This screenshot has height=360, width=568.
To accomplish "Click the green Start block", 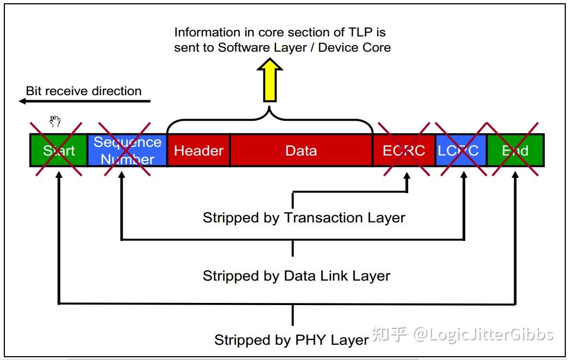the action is pos(59,150).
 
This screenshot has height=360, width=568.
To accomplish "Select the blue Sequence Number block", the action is pos(127,150).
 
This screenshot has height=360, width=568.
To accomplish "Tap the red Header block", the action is pos(198,150).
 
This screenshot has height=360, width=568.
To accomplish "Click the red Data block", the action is pos(301,150).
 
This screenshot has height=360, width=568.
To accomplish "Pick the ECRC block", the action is pos(404,150).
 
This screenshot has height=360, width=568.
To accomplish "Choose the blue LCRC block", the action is pos(461,150).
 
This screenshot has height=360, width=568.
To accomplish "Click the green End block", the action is pos(515,150).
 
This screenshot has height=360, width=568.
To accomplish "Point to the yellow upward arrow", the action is pos(270,80).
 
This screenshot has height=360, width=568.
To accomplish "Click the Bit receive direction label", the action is pos(84,91).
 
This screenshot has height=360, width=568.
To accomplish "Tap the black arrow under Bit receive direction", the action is pos(84,101).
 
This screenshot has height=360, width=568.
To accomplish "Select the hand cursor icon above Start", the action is pos(55,121).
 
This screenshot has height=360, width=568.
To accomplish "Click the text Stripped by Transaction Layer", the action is pos(304,218).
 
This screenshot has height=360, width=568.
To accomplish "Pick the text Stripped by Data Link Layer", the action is pos(296,276).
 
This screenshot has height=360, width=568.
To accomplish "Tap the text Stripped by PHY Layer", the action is pos(291,340).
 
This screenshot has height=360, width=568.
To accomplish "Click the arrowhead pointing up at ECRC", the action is pos(407,176).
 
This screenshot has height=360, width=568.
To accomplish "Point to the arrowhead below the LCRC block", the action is pos(464,176).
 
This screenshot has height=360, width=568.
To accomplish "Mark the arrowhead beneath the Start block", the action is pos(59,175).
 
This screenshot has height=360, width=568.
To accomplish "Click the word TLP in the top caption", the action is pos(360,32).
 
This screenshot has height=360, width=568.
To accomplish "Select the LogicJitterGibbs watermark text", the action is pos(483,334).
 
